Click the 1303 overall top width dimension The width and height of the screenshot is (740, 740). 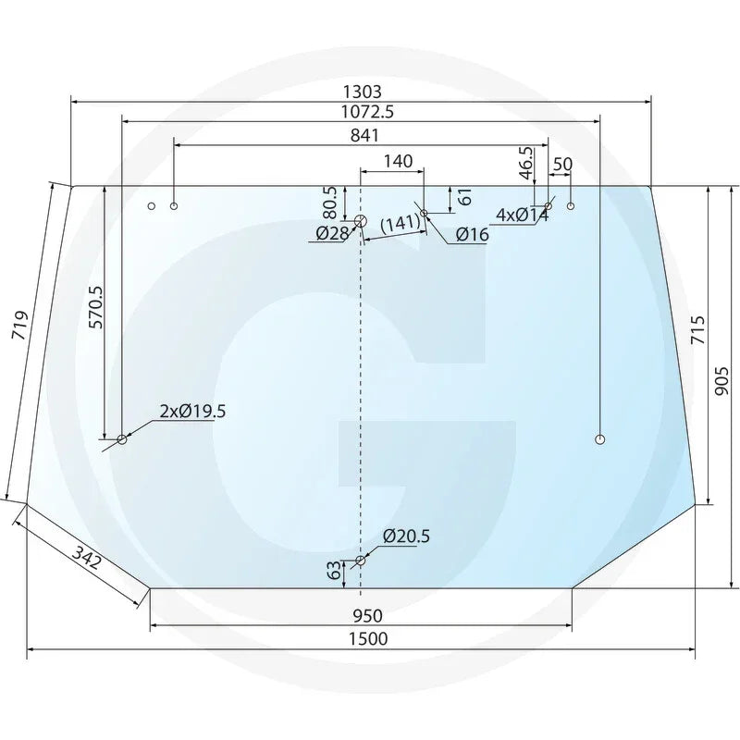pos(362,91)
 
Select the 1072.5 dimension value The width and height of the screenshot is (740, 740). pos(367,112)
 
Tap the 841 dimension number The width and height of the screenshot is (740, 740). pos(364,135)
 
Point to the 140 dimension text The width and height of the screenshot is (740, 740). pos(398,161)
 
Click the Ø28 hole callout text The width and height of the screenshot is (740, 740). pos(332,233)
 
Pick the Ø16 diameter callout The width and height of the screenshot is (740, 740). pos(473,235)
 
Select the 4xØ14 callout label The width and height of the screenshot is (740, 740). pos(523,216)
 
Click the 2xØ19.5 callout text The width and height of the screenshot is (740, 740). pos(192,412)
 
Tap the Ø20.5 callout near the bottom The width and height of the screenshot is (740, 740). pos(406,536)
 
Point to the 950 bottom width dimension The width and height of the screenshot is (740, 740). pos(367,616)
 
